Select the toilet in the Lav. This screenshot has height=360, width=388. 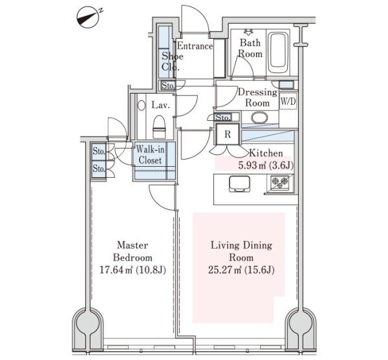tap(159, 127)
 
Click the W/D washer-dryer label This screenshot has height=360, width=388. tap(288, 101)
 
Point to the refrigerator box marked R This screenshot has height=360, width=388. tap(228, 134)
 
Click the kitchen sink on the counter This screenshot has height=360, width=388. tap(239, 184)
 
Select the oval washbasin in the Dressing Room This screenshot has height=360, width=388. tap(259, 118)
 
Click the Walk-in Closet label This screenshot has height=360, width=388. tap(150, 154)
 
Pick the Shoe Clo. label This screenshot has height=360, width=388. tap(172, 61)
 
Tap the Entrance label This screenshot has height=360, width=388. tap(195, 46)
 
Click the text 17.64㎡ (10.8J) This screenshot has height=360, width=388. tap(133, 270)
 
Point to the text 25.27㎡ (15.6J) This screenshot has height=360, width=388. tap(241, 270)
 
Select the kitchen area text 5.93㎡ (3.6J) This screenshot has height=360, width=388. tap(266, 165)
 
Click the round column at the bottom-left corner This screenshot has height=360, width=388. tap(88, 322)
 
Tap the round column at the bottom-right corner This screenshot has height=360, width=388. tap(301, 322)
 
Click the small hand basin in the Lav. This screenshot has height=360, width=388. tap(141, 105)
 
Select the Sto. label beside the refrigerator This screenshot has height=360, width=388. tap(222, 117)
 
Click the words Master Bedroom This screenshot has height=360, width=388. tap(133, 251)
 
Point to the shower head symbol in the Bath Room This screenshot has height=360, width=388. tap(248, 32)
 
